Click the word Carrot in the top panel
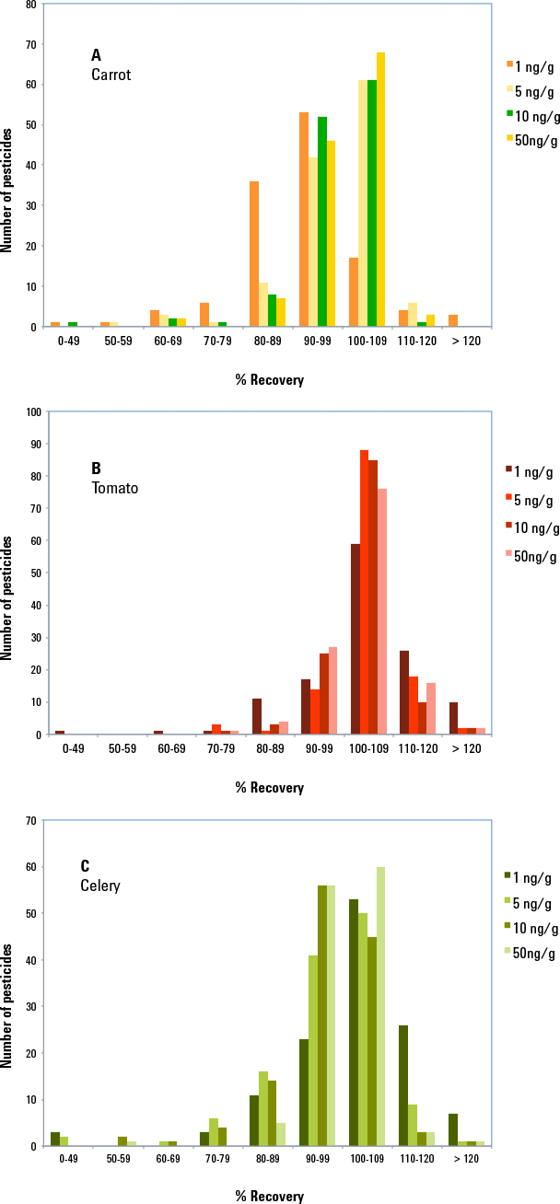click(111, 75)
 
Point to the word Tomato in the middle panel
click(114, 488)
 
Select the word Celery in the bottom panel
click(100, 886)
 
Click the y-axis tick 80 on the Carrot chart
click(31, 5)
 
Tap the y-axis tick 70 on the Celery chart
click(31, 820)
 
